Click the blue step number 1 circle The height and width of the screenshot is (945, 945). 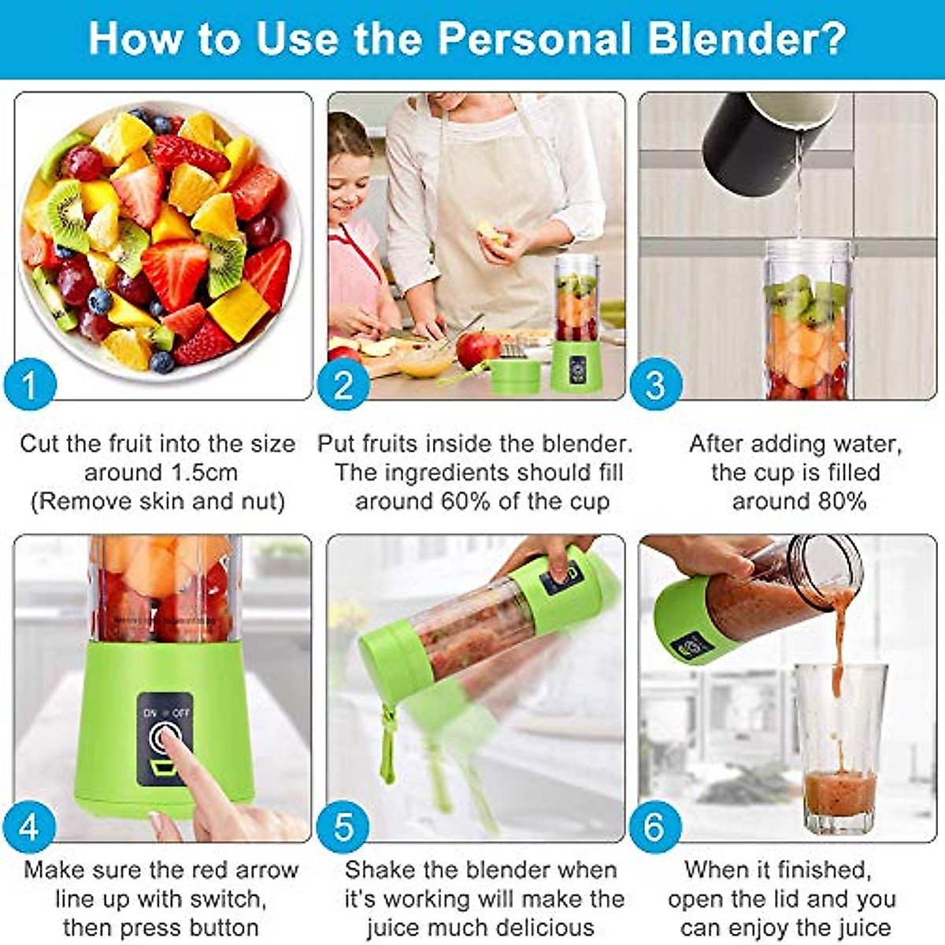pos(30,386)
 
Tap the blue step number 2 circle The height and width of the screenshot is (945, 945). pos(343,386)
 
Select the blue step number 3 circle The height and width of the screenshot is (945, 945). pos(654,386)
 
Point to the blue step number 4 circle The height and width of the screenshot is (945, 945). pos(30,827)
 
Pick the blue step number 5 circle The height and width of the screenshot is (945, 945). pos(343,827)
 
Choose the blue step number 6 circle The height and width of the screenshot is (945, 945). pos(654,827)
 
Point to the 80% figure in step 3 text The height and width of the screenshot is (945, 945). pos(839,502)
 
